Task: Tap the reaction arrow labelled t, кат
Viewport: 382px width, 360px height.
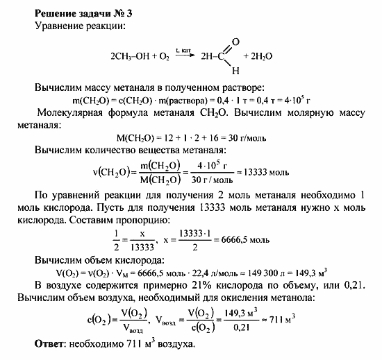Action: pyautogui.click(x=186, y=55)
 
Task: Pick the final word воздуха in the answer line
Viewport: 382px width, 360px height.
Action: pyautogui.click(x=174, y=345)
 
